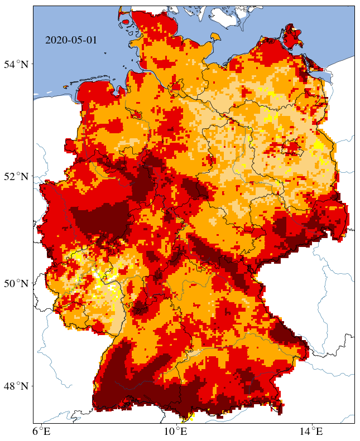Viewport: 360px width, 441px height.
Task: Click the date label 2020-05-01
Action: (x=71, y=40)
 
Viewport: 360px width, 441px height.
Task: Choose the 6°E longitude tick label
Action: (x=42, y=431)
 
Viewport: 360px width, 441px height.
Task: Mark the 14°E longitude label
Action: (x=311, y=431)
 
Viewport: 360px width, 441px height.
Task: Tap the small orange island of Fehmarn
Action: (x=213, y=37)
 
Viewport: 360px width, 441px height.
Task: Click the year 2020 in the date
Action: (x=55, y=40)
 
